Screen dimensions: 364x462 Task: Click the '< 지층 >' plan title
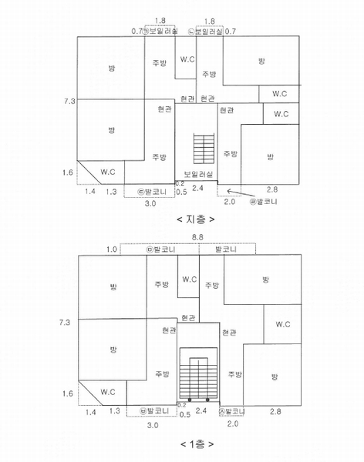(x=196, y=219)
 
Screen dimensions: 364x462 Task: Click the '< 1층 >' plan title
(x=197, y=444)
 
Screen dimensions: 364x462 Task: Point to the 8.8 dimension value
(x=197, y=237)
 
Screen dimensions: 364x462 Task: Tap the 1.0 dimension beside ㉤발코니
(x=112, y=249)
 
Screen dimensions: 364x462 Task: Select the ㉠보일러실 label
(x=160, y=32)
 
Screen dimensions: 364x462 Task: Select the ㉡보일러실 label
(x=205, y=32)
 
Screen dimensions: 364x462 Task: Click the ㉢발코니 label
(x=153, y=192)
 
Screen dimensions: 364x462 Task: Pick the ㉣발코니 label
(x=264, y=202)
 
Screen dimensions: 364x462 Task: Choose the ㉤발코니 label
(x=161, y=249)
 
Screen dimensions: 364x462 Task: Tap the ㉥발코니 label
(x=154, y=410)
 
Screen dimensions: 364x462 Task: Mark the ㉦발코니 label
(x=232, y=411)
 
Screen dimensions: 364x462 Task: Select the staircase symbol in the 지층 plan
(x=204, y=149)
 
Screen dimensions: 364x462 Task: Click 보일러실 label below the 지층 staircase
(x=198, y=174)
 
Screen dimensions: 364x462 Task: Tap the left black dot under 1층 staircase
(x=190, y=400)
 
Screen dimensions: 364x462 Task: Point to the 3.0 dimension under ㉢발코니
(x=150, y=203)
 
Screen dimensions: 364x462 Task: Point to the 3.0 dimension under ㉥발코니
(x=153, y=426)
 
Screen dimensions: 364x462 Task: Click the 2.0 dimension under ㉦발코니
(x=233, y=423)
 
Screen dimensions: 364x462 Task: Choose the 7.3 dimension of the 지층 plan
(x=69, y=101)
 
